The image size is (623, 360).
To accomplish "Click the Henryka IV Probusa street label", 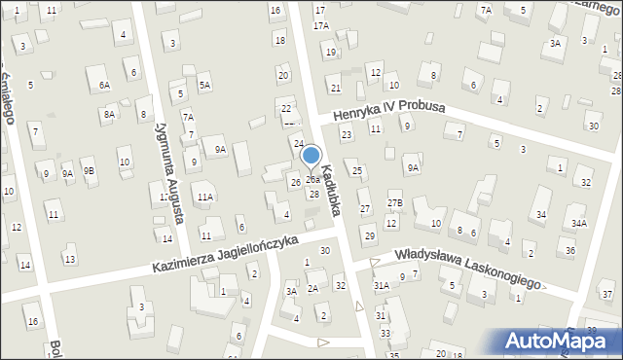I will (x=388, y=113).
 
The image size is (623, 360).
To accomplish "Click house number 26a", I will (x=311, y=180).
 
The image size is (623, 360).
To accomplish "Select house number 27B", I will (x=393, y=202).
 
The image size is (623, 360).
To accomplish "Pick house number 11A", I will (x=204, y=197).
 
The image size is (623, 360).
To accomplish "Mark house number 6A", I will (x=103, y=85).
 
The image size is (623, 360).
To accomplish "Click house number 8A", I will (x=109, y=114).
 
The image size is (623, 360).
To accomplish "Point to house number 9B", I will (x=89, y=170).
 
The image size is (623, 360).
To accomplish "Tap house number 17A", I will (x=321, y=26).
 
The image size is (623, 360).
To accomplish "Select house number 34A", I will (x=579, y=223).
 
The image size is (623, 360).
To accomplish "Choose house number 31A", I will (x=381, y=285).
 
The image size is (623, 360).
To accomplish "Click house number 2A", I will (x=312, y=288).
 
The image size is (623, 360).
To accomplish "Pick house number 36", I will (x=570, y=250).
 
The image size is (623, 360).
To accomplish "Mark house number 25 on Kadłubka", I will (x=357, y=171).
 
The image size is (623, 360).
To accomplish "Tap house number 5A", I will (x=204, y=85).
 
